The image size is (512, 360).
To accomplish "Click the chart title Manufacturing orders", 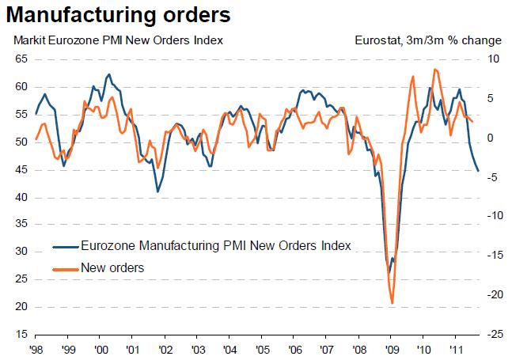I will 119,14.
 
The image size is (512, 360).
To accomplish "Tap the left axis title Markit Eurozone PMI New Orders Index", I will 115,40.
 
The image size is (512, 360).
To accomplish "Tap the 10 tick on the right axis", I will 491,59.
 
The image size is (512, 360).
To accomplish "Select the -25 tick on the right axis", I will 491,335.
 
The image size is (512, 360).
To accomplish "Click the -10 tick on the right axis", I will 491,216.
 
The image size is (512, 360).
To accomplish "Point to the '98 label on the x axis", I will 36,348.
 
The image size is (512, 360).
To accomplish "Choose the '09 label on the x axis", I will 391,348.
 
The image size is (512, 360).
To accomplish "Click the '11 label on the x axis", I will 456,348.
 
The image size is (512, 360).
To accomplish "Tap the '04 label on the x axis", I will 229,348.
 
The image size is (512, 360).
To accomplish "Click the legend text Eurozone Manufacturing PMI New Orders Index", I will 216,245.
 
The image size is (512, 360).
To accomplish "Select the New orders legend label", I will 112,267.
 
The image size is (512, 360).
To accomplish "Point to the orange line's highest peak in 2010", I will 435,70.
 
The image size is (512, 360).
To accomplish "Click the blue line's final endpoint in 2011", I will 478,171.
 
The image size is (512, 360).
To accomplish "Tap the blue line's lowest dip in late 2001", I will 157,191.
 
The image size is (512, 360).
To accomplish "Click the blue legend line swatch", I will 66,245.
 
